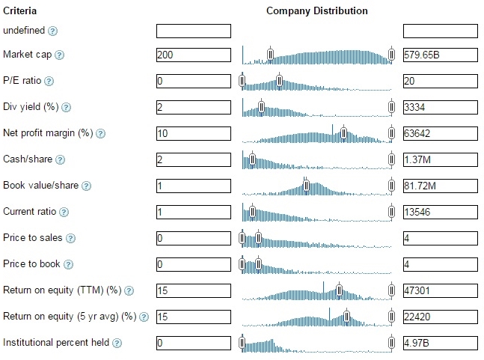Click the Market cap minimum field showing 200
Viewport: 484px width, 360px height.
(193, 55)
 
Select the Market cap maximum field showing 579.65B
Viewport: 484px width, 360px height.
(440, 55)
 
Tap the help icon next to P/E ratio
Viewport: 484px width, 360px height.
(49, 81)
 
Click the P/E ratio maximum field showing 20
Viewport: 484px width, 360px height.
(440, 81)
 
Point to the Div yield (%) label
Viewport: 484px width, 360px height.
(31, 107)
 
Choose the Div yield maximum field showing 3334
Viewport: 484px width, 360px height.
(440, 107)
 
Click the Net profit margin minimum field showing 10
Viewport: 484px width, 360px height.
(193, 133)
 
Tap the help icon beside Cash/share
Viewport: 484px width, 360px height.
(61, 159)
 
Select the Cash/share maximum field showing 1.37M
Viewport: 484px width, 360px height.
(440, 159)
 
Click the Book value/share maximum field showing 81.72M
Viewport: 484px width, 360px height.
(440, 186)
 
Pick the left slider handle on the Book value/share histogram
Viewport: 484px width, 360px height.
(306, 185)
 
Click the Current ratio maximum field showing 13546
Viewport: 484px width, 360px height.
(440, 212)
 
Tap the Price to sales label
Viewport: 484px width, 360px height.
(32, 238)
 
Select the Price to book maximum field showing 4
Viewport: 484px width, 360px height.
(440, 264)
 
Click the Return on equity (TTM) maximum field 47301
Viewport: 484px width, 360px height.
(440, 290)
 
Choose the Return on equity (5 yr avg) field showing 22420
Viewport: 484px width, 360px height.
(440, 317)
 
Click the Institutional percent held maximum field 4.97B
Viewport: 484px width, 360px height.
(440, 343)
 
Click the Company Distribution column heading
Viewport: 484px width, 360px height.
(316, 11)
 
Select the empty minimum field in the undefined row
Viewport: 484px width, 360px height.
(193, 31)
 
